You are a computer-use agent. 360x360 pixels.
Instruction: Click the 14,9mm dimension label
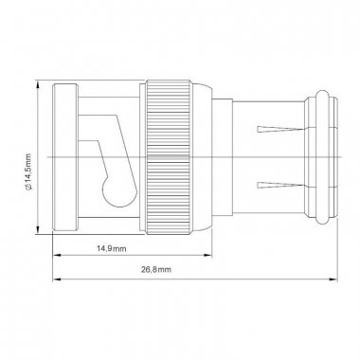[x=112, y=249]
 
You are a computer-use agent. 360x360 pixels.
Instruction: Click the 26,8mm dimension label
[x=156, y=270]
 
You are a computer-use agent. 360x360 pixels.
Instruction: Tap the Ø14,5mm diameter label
[x=27, y=172]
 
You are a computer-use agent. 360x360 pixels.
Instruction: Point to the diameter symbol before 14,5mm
[x=28, y=189]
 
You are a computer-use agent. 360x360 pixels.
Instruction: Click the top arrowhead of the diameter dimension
[x=38, y=84]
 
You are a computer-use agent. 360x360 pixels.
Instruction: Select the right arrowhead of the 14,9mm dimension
[x=207, y=255]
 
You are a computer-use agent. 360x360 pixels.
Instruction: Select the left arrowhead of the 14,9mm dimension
[x=57, y=255]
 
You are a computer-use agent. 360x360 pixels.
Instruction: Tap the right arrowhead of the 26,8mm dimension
[x=333, y=279]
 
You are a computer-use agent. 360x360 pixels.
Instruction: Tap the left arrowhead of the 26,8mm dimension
[x=57, y=279]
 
